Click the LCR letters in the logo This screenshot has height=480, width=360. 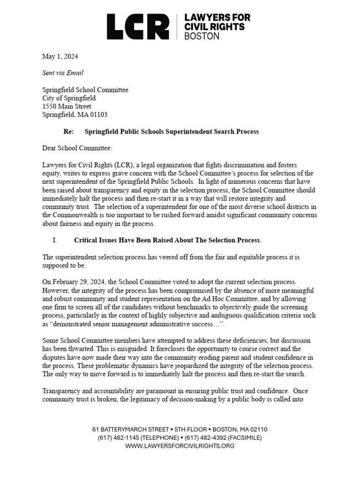(x=138, y=26)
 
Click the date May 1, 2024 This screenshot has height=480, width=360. (x=60, y=56)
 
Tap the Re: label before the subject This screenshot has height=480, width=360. (x=68, y=132)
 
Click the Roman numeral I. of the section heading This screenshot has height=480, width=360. (x=54, y=240)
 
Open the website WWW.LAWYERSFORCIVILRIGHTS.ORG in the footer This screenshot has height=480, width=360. (x=180, y=446)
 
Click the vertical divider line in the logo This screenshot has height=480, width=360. (x=177, y=26)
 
